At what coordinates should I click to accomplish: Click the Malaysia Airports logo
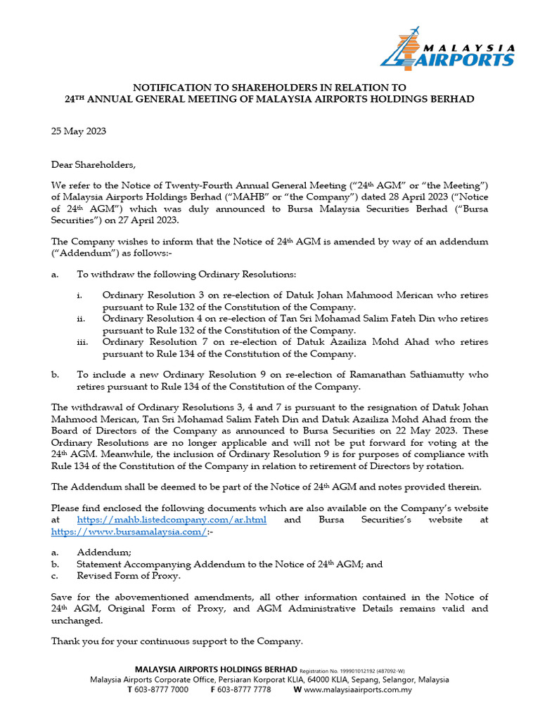pos(446,47)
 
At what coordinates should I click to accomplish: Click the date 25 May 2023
pos(78,131)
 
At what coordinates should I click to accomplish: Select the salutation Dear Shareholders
pos(91,165)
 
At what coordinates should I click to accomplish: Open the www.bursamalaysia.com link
pos(129,532)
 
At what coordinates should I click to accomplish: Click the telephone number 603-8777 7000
pos(160,690)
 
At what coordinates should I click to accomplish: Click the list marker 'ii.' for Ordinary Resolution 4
pos(82,318)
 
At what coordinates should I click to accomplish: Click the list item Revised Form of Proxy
pos(128,575)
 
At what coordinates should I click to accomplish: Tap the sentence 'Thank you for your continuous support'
pos(176,641)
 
